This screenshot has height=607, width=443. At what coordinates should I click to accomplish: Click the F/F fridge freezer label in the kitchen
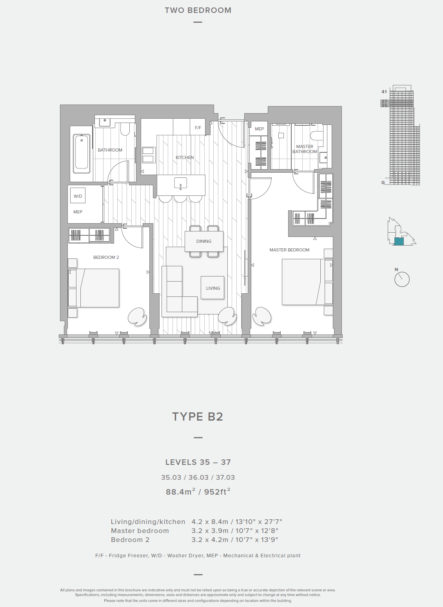tap(198, 128)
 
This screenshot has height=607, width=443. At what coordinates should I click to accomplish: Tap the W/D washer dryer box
tap(78, 196)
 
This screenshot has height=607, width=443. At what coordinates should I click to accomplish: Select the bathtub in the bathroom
tap(82, 154)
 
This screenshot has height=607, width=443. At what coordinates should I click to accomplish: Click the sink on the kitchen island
tap(180, 183)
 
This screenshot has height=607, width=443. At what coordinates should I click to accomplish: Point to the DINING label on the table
tap(204, 241)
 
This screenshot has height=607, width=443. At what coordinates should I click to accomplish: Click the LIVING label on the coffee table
tap(213, 288)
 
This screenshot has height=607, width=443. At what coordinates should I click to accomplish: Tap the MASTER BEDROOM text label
tap(289, 250)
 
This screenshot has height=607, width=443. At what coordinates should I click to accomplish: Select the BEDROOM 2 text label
tap(106, 257)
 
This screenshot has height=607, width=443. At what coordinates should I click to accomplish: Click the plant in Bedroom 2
tap(137, 316)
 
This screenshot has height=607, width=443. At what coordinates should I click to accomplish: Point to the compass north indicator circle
tap(402, 279)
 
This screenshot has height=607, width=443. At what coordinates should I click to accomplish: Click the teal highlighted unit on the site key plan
tap(399, 242)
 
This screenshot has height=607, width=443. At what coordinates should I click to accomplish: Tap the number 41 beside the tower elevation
tap(384, 92)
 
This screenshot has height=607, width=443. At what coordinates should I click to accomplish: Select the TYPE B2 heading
tap(198, 417)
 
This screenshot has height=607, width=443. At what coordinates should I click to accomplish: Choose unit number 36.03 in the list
tap(198, 477)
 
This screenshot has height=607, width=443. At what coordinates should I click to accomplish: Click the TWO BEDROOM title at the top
tap(198, 10)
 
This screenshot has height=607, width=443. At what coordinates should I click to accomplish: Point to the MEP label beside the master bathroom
tap(260, 129)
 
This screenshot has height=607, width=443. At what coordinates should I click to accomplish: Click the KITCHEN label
tap(185, 157)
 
